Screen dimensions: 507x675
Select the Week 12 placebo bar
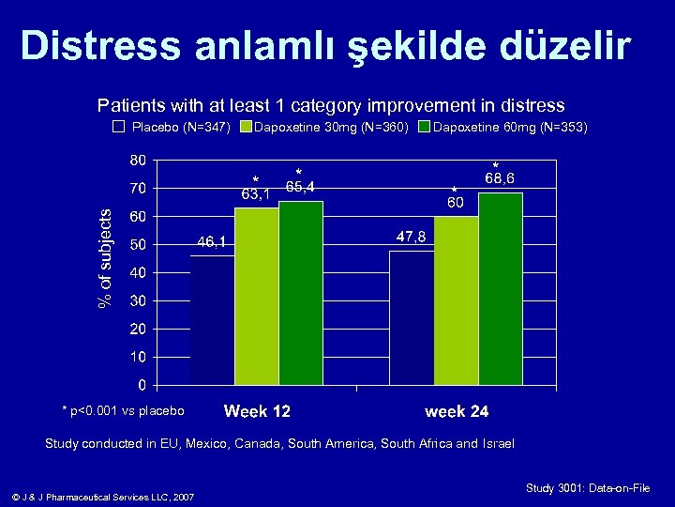point(213,319)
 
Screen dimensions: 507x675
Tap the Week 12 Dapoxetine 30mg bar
point(256,296)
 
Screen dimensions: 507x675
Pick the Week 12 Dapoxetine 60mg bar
point(300,292)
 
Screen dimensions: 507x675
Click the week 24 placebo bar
point(412,317)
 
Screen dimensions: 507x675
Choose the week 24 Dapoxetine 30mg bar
point(456,300)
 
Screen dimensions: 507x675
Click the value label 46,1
point(211,242)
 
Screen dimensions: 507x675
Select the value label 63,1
point(256,195)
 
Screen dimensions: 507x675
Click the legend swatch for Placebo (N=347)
point(118,126)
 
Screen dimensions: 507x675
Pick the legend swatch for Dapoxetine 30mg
point(246,126)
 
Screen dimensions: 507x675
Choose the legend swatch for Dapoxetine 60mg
point(423,126)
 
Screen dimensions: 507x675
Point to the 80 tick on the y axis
point(137,160)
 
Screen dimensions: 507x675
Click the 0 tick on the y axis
point(141,385)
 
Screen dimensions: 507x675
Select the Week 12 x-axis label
point(257,411)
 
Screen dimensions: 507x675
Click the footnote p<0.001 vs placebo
point(123,410)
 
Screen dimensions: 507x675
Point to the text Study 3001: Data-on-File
point(588,488)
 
